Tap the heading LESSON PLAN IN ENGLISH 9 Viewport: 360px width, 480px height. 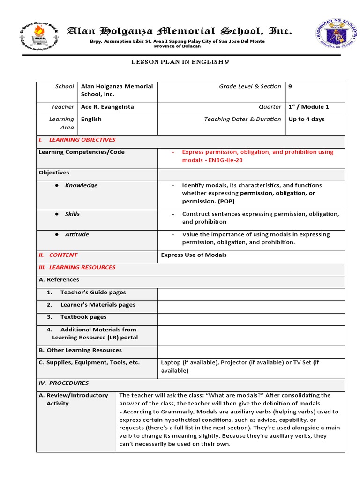[180, 61]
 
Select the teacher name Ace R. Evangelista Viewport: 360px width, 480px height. [107, 107]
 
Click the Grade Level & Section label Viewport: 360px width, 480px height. [250, 86]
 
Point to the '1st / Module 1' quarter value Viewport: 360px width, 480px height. [308, 107]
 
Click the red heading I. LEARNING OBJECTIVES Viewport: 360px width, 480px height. [77, 140]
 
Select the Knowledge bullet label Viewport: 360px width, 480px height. [81, 185]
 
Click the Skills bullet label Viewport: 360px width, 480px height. [72, 214]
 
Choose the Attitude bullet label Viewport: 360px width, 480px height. [77, 234]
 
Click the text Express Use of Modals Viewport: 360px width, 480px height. [194, 255]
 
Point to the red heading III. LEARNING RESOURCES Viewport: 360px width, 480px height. [77, 267]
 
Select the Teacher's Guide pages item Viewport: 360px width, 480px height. [93, 292]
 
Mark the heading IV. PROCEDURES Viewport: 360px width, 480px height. [63, 383]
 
